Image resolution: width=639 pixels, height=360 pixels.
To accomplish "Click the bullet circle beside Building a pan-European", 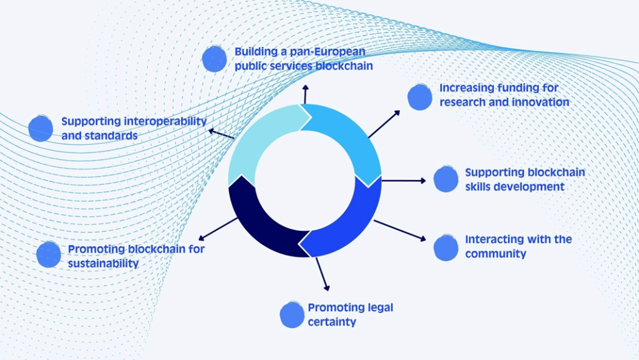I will (215, 59).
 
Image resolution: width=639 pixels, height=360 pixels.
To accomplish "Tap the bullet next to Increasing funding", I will (419, 97).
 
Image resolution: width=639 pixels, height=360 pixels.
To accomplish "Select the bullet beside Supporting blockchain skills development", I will (446, 178).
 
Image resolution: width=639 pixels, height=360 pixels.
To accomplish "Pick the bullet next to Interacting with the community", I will (446, 248).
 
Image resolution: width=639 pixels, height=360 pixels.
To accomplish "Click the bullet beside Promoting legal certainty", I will (291, 315).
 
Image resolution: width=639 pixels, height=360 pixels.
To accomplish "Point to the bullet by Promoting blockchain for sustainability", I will (49, 255).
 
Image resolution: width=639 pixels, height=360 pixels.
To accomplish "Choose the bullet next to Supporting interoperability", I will (41, 128).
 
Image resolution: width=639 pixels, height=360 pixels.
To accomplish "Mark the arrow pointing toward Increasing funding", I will (384, 124).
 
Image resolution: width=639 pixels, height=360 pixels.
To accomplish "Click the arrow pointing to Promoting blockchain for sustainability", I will (218, 228).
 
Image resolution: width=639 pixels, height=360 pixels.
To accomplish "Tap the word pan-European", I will (324, 51).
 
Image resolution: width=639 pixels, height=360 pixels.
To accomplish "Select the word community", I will (495, 253).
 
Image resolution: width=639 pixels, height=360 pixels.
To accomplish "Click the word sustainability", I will (103, 263).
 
